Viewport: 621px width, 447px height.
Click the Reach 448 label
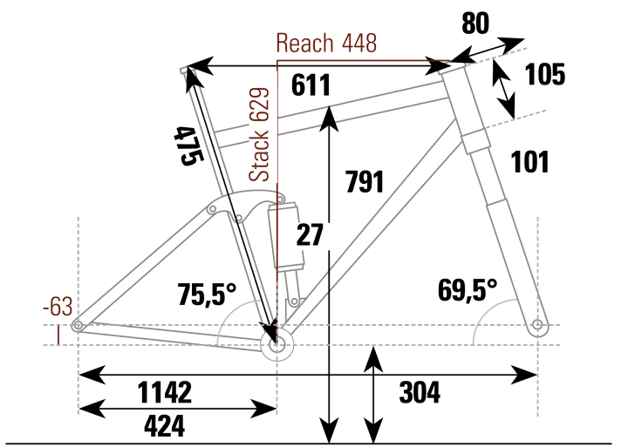point(327,44)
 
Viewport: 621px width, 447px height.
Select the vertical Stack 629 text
point(260,134)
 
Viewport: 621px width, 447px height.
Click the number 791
point(365,181)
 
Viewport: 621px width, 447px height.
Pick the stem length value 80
point(476,24)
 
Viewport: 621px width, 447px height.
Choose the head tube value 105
point(545,75)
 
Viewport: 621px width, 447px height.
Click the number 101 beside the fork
point(530,162)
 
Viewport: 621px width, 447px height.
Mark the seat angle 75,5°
point(207,293)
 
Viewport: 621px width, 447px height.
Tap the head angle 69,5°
point(467,291)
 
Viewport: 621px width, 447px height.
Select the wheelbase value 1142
point(165,393)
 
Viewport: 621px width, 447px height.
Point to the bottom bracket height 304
point(420,393)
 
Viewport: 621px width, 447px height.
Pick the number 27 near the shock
point(310,235)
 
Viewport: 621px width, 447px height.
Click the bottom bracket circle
point(277,345)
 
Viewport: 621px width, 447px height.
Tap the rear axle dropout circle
point(78,326)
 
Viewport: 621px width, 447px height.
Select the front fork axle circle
point(537,326)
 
